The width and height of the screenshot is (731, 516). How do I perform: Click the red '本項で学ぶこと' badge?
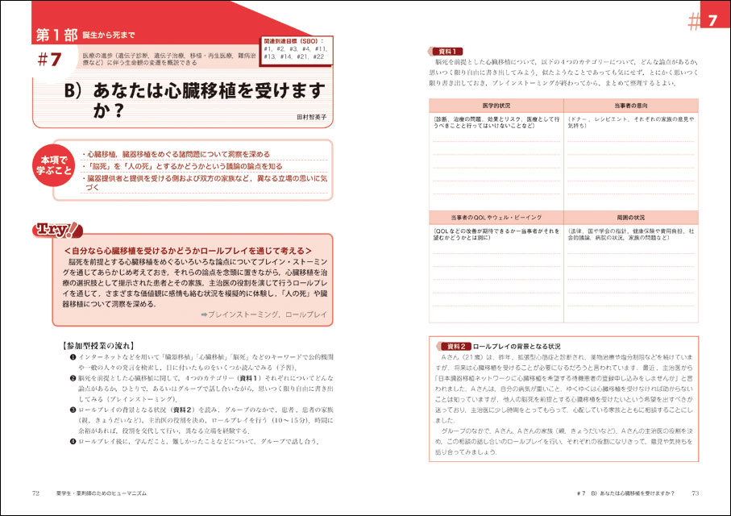(x=54, y=165)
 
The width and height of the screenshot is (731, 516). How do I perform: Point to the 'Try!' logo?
(x=57, y=230)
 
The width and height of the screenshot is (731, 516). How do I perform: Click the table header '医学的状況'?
(x=496, y=106)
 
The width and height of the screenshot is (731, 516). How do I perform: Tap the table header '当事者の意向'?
(x=631, y=106)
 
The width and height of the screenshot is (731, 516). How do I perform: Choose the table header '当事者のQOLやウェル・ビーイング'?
(x=496, y=218)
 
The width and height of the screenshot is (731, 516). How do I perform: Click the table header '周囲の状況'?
(x=631, y=218)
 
